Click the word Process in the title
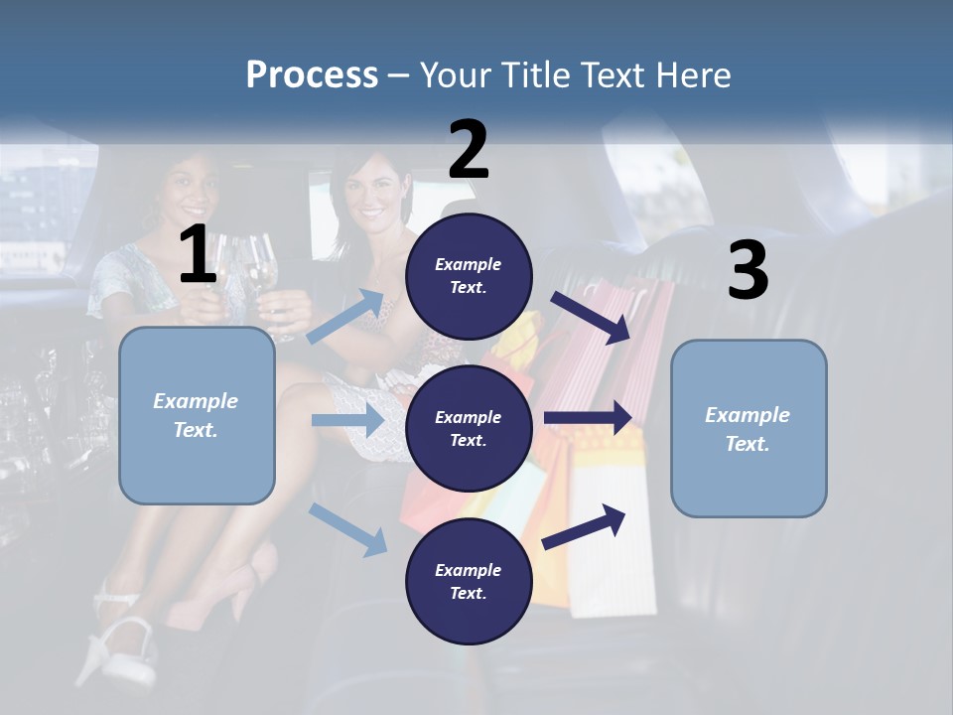pos(312,75)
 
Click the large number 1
pos(198,255)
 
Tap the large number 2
pos(469,150)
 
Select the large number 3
pos(748,271)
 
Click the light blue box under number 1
pos(197,415)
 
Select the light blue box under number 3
pos(749,428)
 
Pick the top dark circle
pos(469,276)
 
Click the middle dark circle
pos(469,428)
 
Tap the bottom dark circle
pos(469,581)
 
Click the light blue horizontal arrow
pos(347,421)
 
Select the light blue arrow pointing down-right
pos(348,529)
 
